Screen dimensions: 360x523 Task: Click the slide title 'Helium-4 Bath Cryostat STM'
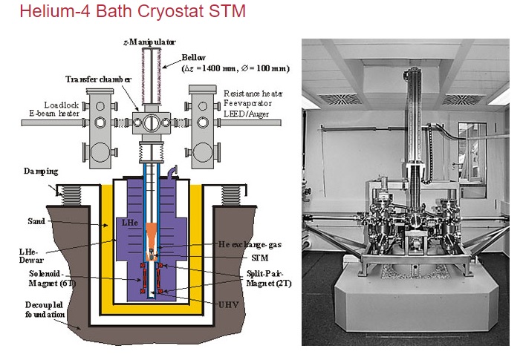pyautogui.click(x=123, y=13)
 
